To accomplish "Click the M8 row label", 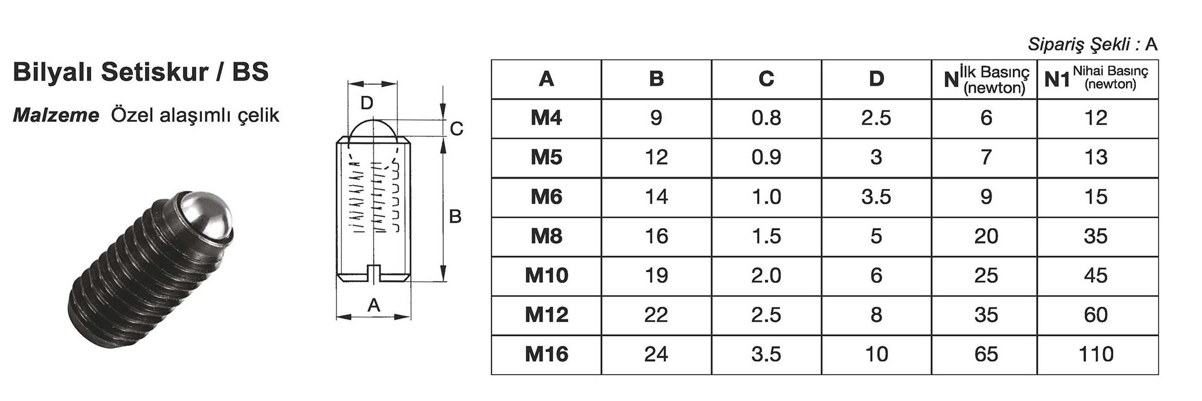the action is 546,236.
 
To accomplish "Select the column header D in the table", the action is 876,79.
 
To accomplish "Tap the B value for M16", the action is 656,354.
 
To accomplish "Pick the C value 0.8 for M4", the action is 766,118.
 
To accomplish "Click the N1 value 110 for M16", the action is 1096,354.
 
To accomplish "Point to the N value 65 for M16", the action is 986,354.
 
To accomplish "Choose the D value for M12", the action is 876,315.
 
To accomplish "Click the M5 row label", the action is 546,157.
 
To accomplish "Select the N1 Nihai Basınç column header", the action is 1096,78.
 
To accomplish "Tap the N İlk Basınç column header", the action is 986,79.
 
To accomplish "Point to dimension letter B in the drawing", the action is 455,217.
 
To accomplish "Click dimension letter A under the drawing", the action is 374,305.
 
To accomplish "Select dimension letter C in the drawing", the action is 457,129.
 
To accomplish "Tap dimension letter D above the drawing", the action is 367,103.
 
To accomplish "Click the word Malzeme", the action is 56,115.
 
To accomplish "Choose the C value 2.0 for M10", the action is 766,275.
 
